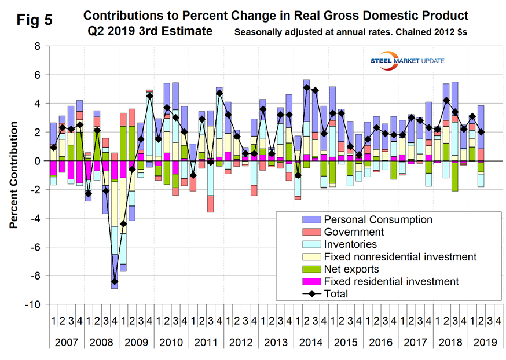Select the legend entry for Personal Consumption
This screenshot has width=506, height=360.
tap(377, 220)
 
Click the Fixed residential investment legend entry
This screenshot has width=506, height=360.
tap(391, 282)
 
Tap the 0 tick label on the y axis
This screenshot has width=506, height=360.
tap(39, 161)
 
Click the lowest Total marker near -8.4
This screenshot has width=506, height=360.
tap(115, 282)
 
